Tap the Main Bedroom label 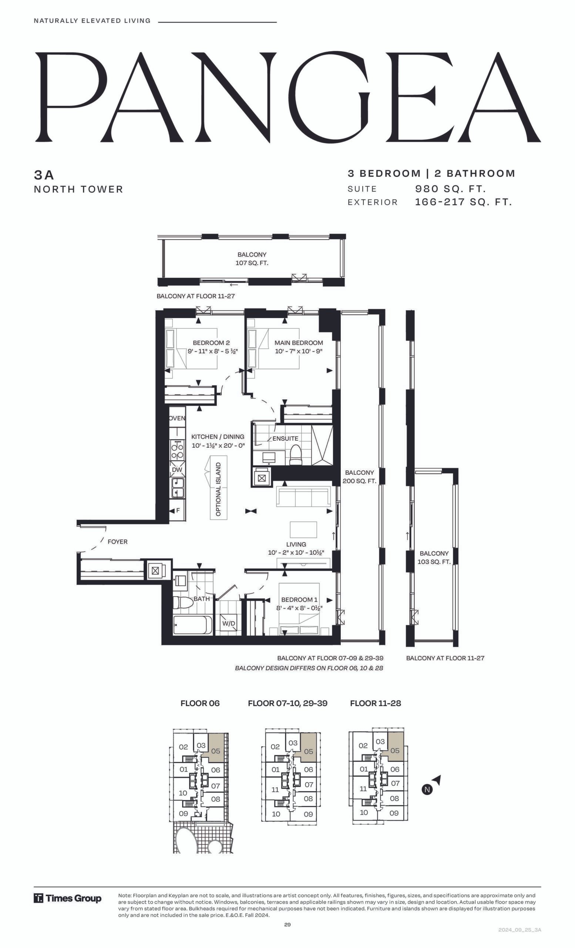pos(299,343)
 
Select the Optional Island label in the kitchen pos(218,489)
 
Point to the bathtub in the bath pos(192,625)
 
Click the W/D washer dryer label pos(229,623)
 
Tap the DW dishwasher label pos(177,470)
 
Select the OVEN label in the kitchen pos(177,418)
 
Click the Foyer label pos(118,542)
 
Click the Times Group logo pos(68,898)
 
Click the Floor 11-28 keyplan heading pos(376,703)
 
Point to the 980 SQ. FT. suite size pos(450,189)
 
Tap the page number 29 pos(287,925)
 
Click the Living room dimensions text pos(296,553)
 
